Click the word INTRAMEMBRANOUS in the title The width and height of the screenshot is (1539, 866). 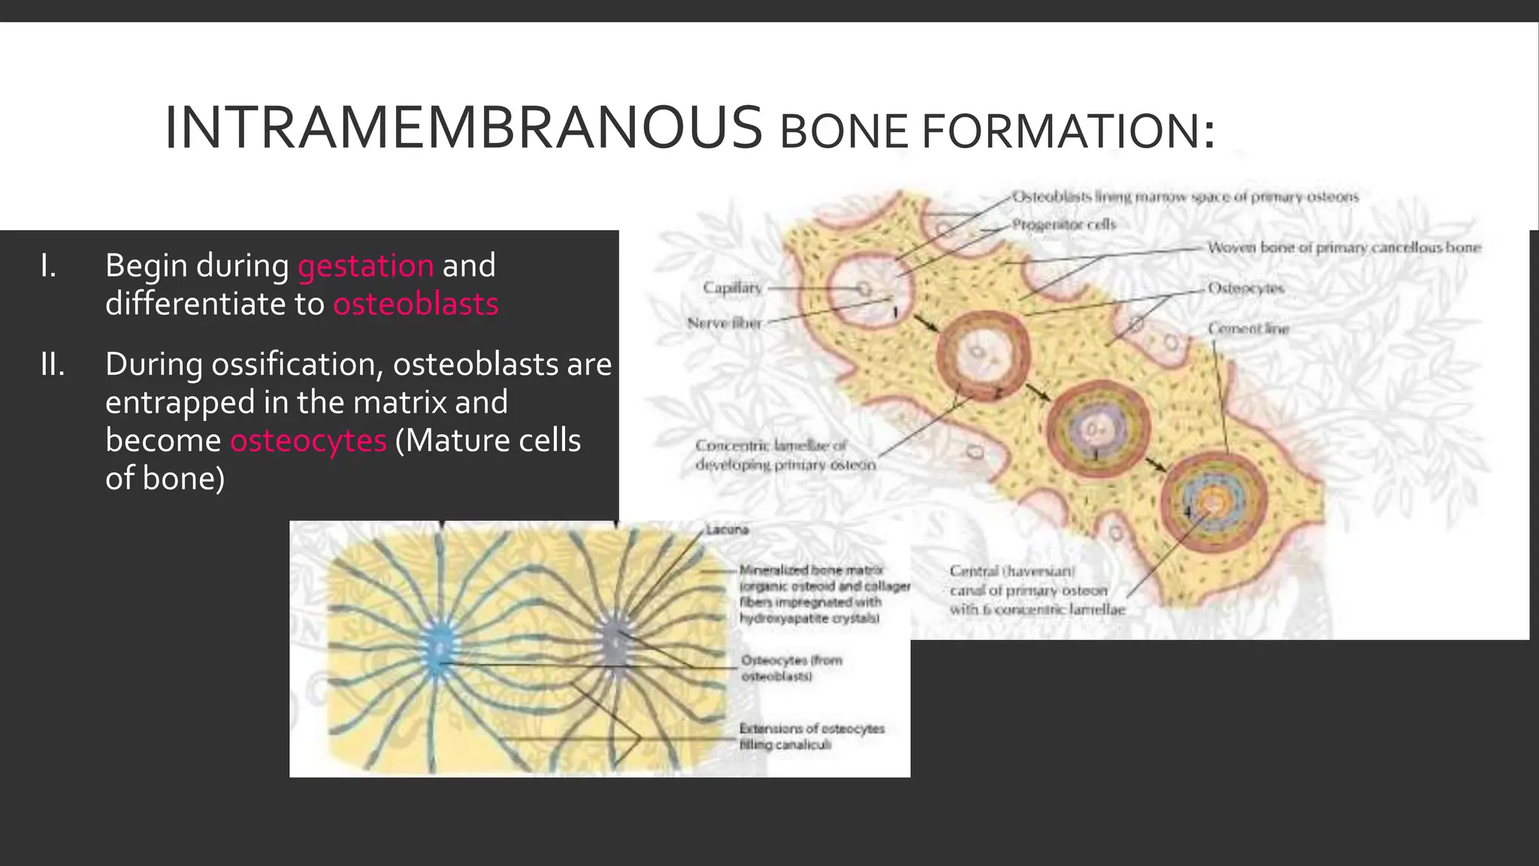click(463, 129)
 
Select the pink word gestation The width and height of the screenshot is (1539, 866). click(365, 265)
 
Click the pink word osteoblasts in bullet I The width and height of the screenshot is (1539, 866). click(416, 304)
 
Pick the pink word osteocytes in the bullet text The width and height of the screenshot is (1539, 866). click(308, 441)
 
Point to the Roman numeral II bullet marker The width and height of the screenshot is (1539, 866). click(53, 365)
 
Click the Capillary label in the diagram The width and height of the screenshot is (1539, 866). click(732, 287)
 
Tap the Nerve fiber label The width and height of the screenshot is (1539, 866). click(724, 323)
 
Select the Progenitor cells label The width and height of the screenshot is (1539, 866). click(1063, 224)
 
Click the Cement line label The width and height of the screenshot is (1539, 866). click(1248, 329)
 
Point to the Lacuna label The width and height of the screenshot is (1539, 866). click(727, 529)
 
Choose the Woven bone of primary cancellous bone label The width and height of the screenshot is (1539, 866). click(1344, 247)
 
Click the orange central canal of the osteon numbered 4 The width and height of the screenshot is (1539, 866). click(1212, 500)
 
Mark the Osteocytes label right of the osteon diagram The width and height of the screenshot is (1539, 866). click(1246, 288)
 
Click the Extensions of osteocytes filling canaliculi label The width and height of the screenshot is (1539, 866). click(812, 736)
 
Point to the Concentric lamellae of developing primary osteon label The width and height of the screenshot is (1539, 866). click(785, 455)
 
